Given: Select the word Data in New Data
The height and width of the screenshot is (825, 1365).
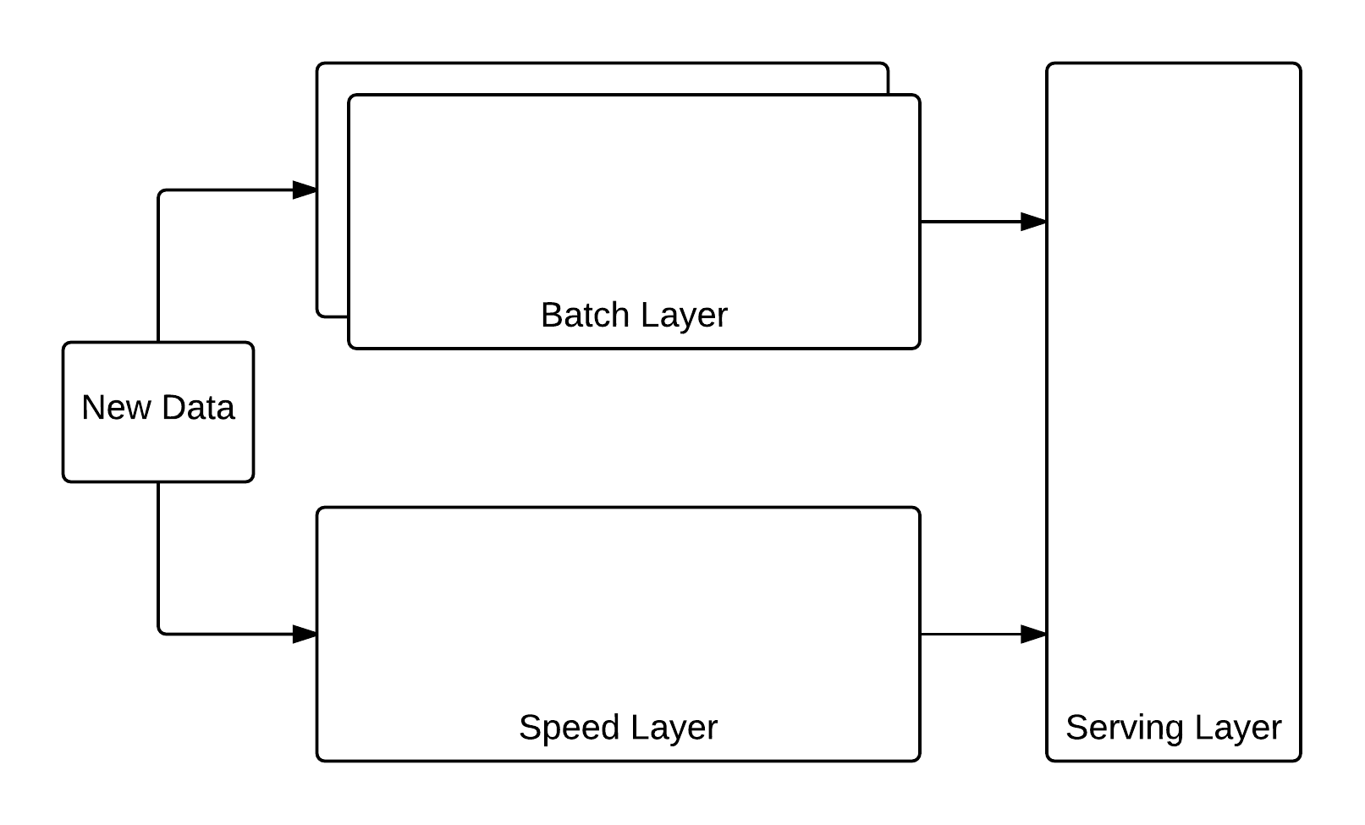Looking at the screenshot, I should point(197,408).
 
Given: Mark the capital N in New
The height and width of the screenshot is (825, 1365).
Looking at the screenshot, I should point(92,408).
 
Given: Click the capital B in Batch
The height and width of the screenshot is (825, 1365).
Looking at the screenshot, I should point(551,316).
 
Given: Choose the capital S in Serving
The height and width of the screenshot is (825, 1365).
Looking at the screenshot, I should point(1076,728).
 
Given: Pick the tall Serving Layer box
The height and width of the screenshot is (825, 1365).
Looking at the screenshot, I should point(1173,381).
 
